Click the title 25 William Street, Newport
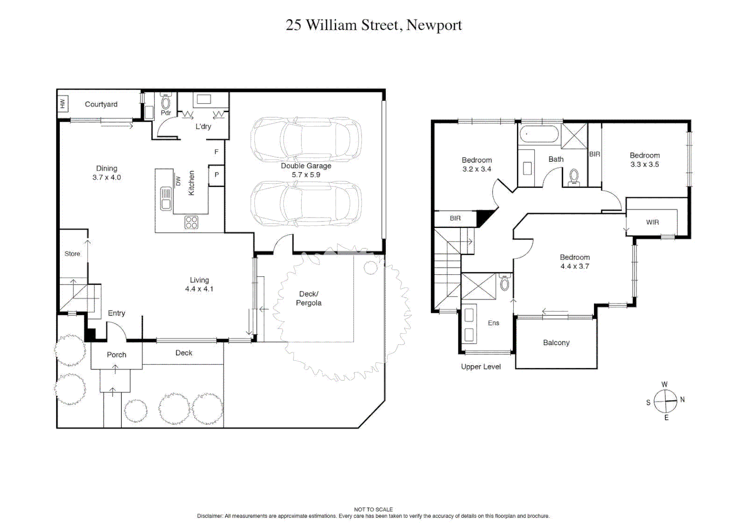pos(373,25)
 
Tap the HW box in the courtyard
pos(63,104)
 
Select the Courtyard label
pos(101,104)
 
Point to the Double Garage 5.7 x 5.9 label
pos(306,170)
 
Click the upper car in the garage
pos(306,140)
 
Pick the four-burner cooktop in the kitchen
pos(191,223)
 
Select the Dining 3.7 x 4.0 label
pos(106,173)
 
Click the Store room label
pos(72,254)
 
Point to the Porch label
pos(116,355)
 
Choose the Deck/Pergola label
pos(309,298)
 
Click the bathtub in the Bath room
pos(539,134)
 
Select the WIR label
pos(652,222)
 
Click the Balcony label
pos(556,343)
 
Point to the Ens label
pos(493,323)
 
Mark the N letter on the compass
pos(682,399)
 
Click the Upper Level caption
pos(480,367)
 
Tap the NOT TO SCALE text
pos(373,509)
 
